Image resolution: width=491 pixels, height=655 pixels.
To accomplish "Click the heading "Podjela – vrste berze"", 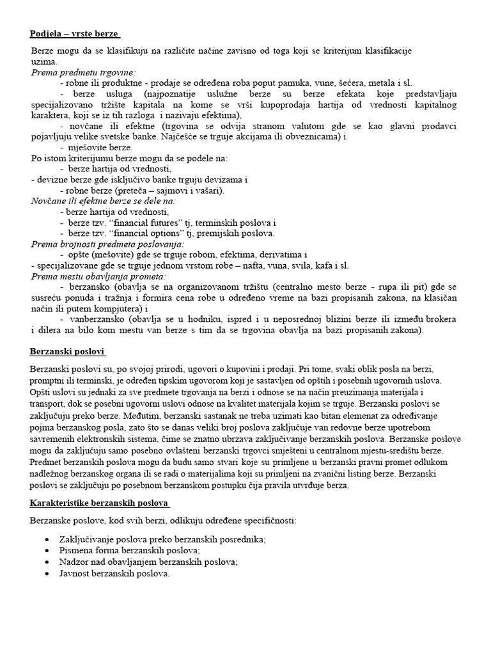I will (x=74, y=33).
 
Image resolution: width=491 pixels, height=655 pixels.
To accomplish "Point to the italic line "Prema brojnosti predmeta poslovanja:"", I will (x=107, y=244).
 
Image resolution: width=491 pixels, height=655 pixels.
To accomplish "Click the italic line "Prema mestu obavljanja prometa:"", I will (x=98, y=276).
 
